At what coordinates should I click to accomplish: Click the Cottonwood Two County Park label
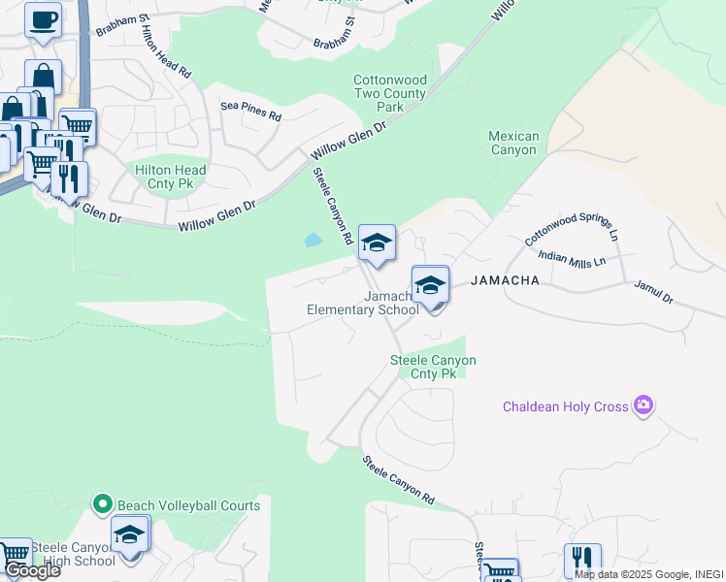pyautogui.click(x=389, y=93)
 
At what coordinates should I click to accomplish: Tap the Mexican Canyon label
pyautogui.click(x=512, y=144)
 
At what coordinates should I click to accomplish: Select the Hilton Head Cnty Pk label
pyautogui.click(x=171, y=176)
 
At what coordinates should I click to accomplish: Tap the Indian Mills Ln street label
pyautogui.click(x=572, y=259)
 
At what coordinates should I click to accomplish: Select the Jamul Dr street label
pyautogui.click(x=653, y=291)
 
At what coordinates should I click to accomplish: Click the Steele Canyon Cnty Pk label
pyautogui.click(x=433, y=367)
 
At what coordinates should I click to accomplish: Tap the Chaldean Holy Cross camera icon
pyautogui.click(x=642, y=405)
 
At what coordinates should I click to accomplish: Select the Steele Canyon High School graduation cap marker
pyautogui.click(x=130, y=533)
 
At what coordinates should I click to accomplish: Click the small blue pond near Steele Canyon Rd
pyautogui.click(x=313, y=240)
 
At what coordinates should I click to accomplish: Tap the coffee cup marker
pyautogui.click(x=42, y=20)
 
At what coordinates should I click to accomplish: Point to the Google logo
pyautogui.click(x=31, y=570)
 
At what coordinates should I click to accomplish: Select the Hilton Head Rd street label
pyautogui.click(x=164, y=54)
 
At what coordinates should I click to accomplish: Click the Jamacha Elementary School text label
pyautogui.click(x=362, y=303)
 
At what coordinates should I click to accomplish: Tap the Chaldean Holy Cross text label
pyautogui.click(x=565, y=406)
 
